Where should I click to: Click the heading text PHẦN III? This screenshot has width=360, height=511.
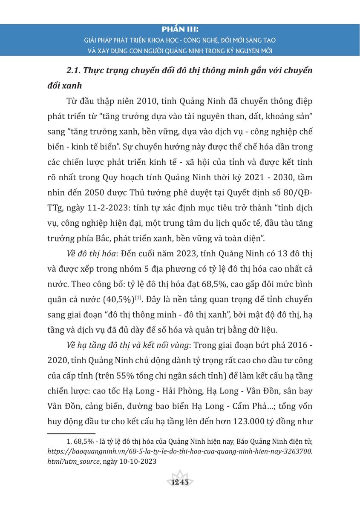point(180,30)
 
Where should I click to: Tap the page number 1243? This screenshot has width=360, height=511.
point(180,482)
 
